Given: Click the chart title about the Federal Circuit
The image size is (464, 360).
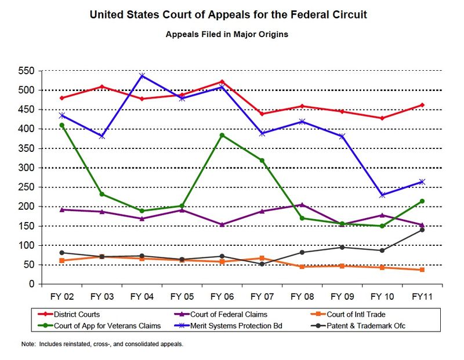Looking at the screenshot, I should [229, 13].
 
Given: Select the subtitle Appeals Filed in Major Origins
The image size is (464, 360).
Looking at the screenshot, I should [227, 34].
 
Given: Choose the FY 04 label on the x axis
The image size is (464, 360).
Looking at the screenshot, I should [142, 296].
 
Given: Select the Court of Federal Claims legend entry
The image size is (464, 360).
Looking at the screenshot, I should [232, 315].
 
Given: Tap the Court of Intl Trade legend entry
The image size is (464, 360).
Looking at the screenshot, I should [364, 315].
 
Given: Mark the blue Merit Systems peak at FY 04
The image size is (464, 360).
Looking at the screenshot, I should [142, 75].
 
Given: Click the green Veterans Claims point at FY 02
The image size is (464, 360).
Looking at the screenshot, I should [61, 125].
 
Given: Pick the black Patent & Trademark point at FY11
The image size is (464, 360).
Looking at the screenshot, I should [422, 230].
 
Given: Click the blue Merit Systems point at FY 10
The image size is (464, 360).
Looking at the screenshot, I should [382, 195].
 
